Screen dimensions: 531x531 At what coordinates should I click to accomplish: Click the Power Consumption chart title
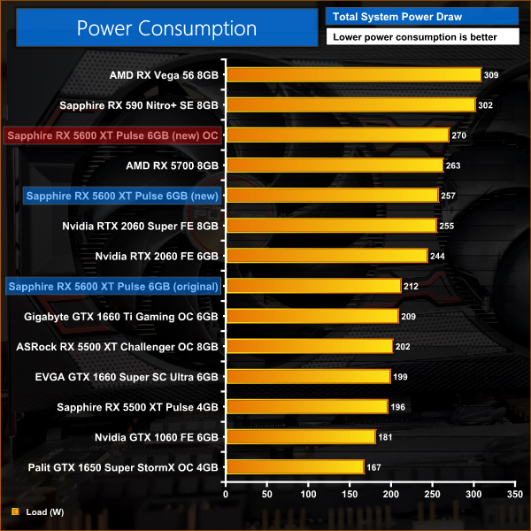pyautogui.click(x=165, y=27)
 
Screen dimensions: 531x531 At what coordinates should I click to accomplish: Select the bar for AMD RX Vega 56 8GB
pyautogui.click(x=354, y=75)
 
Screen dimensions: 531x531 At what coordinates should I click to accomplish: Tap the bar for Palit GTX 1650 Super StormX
pyautogui.click(x=296, y=466)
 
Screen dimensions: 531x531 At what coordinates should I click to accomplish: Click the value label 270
pyautogui.click(x=460, y=135)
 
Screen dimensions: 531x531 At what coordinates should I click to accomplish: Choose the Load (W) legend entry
pyautogui.click(x=35, y=511)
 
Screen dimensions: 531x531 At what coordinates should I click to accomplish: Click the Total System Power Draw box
pyautogui.click(x=424, y=15)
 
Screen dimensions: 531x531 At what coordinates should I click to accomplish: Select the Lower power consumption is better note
pyautogui.click(x=424, y=37)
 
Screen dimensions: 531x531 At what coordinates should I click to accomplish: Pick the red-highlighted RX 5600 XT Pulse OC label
pyautogui.click(x=112, y=135)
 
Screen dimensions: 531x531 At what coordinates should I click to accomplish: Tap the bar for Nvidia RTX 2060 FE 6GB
pyautogui.click(x=327, y=256)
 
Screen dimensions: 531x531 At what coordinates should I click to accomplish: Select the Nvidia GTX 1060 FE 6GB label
pyautogui.click(x=157, y=436)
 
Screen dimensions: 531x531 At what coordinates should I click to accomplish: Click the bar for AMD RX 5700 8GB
pyautogui.click(x=335, y=165)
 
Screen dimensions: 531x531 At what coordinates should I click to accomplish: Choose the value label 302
pyautogui.click(x=487, y=105)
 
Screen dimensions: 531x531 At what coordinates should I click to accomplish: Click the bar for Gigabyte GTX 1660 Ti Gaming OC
pyautogui.click(x=312, y=316)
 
